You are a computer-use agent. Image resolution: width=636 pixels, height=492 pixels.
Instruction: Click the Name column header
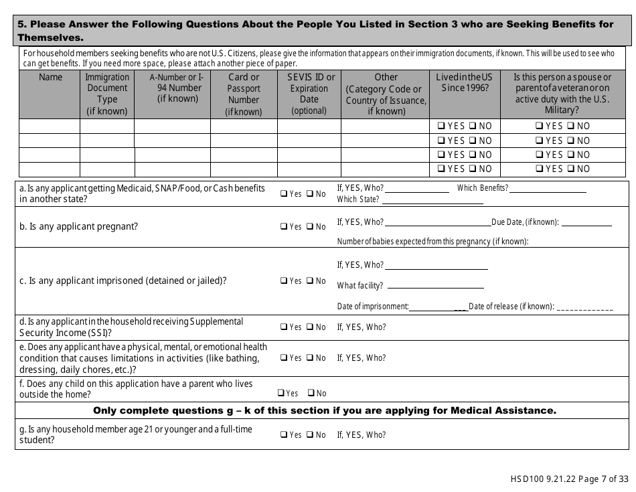tap(50, 78)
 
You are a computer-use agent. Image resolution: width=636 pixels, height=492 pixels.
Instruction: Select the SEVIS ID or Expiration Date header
tap(309, 94)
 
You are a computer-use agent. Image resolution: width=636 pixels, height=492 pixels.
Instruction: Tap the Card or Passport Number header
tap(244, 94)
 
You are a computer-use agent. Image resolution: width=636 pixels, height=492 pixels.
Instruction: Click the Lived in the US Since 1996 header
tap(464, 82)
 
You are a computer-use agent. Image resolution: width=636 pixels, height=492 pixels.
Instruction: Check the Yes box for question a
tap(284, 194)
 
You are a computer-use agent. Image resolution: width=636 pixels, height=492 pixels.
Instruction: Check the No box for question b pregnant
tap(310, 226)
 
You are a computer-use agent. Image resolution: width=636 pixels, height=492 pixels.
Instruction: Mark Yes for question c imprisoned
tap(284, 281)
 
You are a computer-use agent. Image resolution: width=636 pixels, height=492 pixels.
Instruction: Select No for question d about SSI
tap(310, 327)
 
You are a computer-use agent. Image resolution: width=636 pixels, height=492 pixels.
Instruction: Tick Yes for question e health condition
tap(284, 358)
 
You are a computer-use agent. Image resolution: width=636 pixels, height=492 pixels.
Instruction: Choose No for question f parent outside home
tap(311, 394)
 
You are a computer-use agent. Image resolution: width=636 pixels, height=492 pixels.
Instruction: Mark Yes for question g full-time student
tap(284, 435)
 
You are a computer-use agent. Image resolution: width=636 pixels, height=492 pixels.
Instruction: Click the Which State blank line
tap(432, 200)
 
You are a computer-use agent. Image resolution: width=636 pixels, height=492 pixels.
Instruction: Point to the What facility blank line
tap(435, 286)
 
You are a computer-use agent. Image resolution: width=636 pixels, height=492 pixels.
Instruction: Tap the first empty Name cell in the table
tap(50, 126)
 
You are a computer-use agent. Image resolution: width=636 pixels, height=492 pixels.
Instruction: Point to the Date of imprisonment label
tap(373, 307)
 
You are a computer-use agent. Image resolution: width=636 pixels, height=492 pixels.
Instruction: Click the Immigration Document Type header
tap(107, 94)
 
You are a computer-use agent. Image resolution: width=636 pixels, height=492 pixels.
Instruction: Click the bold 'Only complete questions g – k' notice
tap(324, 410)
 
